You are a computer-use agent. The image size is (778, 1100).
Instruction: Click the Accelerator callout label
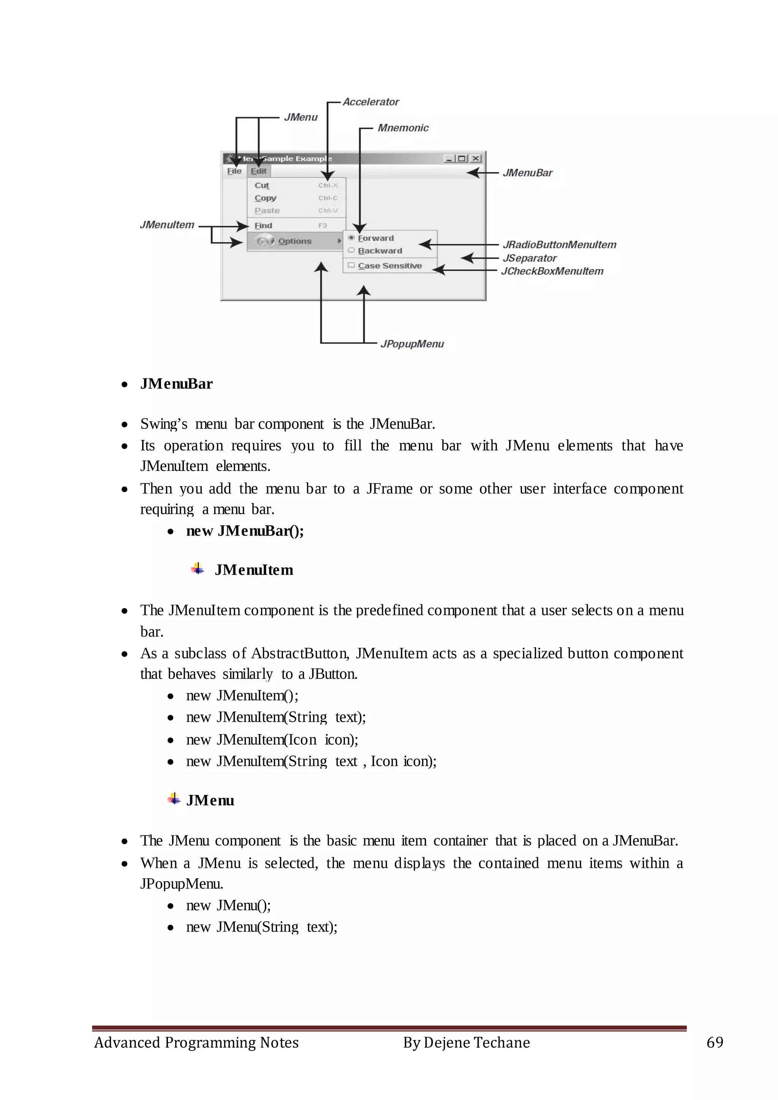371,102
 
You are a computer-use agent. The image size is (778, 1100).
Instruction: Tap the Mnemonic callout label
403,128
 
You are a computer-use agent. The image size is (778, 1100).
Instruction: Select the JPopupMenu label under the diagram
412,344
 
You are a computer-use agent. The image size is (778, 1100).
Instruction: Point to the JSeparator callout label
529,258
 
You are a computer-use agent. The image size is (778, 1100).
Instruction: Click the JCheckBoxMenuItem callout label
552,271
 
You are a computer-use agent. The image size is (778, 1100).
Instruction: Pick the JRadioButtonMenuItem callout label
559,245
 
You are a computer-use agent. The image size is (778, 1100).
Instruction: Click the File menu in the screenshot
234,171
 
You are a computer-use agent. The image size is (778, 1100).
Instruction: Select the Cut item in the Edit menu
262,185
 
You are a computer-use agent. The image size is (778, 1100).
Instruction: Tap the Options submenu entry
295,241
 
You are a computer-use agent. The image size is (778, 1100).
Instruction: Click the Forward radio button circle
351,238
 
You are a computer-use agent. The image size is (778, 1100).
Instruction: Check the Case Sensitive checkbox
351,266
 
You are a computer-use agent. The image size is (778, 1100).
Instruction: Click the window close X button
476,158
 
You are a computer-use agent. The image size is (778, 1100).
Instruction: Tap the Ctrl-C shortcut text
328,198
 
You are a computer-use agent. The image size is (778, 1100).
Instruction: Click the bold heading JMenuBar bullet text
176,384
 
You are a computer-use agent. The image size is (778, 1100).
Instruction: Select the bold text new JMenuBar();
245,531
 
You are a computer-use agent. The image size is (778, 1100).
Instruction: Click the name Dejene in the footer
446,1043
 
